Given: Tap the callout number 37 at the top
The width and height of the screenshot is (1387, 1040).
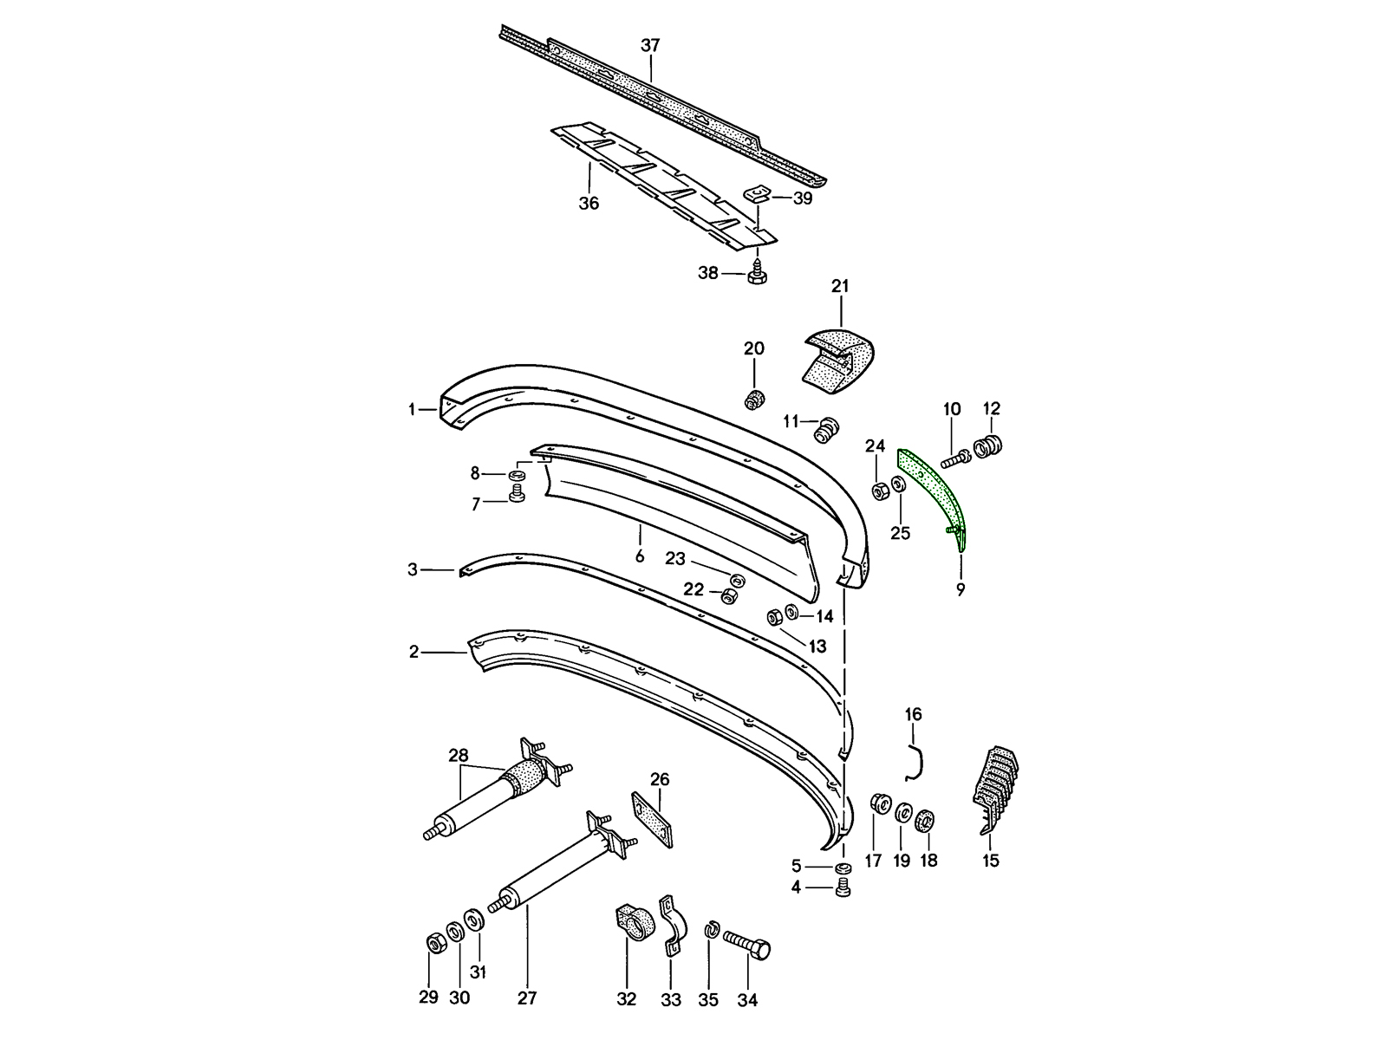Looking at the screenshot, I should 650,46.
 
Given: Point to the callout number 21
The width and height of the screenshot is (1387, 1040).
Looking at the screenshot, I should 840,286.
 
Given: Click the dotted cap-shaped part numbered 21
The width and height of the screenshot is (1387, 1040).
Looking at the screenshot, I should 837,355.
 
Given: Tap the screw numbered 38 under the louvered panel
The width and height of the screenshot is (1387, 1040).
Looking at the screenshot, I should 756,273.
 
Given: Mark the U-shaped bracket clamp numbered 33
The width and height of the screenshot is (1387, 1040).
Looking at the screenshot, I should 670,925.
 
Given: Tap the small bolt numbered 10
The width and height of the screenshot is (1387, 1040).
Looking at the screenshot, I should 954,456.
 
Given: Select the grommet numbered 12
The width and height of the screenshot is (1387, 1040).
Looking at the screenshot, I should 989,447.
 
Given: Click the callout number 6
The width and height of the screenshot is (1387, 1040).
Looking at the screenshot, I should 640,556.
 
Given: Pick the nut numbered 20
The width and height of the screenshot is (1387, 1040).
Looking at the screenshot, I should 754,400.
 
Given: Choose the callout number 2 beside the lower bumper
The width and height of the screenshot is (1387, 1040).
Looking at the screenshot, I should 413,652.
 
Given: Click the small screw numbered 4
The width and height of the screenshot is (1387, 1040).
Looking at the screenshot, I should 843,888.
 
